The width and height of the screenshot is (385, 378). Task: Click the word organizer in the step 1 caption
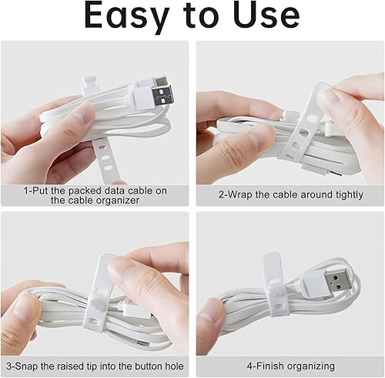[115, 200]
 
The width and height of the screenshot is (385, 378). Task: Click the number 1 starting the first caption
[25, 189]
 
